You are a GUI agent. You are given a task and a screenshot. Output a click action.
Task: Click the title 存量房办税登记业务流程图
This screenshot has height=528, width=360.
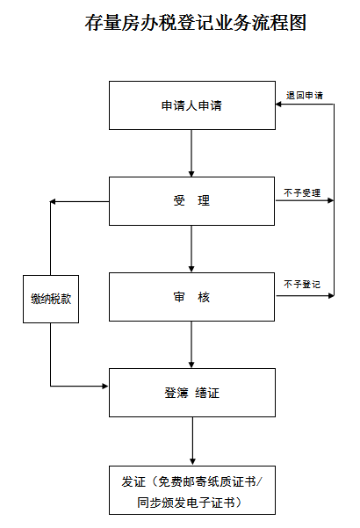195,23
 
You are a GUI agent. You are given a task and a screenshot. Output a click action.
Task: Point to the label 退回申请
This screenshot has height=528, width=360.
305,95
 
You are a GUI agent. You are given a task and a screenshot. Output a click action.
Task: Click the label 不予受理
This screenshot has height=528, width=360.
302,193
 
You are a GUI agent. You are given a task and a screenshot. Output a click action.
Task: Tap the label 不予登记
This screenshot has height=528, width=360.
302,285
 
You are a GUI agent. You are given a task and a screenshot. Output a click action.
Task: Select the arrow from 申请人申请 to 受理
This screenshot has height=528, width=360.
191,153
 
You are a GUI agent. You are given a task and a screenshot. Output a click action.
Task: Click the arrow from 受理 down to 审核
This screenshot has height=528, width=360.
191,249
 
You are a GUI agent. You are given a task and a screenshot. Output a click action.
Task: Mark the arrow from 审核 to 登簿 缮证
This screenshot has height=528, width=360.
191,344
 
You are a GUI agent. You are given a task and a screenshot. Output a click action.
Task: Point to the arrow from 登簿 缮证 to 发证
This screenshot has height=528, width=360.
192,441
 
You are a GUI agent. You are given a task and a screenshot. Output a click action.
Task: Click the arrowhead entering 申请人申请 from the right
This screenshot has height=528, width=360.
278,104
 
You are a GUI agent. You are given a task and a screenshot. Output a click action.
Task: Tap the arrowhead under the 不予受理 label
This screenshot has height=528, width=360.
331,200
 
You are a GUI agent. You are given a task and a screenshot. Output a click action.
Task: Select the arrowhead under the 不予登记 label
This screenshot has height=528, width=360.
331,296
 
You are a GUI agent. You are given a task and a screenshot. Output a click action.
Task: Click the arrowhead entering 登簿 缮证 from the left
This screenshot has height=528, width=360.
105,386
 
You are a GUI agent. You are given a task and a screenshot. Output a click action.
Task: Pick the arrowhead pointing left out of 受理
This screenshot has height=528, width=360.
53,202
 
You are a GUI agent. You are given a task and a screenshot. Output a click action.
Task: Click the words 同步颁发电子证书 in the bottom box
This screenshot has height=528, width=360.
186,503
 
